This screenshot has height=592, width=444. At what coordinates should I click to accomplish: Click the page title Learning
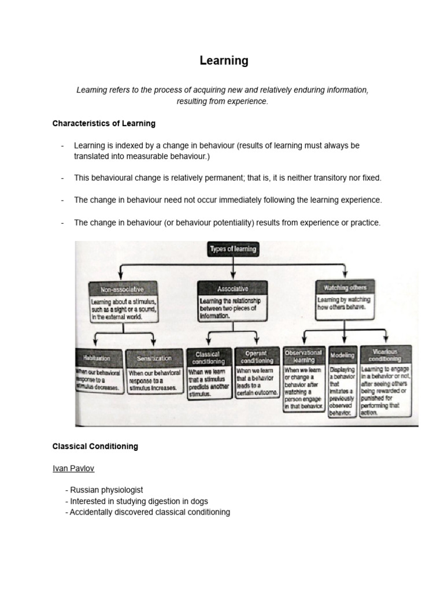click(x=224, y=61)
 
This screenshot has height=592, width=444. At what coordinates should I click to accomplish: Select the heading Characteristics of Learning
click(x=103, y=124)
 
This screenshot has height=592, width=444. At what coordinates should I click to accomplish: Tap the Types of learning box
click(x=232, y=249)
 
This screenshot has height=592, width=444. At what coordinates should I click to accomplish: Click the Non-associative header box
click(x=122, y=288)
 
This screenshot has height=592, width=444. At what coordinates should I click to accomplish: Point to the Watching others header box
click(x=345, y=287)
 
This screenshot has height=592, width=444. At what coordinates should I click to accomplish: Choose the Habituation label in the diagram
click(x=99, y=358)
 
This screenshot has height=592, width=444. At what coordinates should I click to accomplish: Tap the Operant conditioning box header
click(x=257, y=357)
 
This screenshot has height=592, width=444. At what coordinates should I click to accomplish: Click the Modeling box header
click(x=342, y=356)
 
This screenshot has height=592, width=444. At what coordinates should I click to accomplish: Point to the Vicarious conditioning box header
click(x=386, y=354)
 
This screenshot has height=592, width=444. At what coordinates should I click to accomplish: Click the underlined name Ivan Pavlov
click(x=72, y=468)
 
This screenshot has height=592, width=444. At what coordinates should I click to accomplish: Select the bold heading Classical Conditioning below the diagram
click(x=95, y=447)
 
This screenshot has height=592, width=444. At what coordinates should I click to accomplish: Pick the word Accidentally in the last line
click(x=92, y=512)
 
